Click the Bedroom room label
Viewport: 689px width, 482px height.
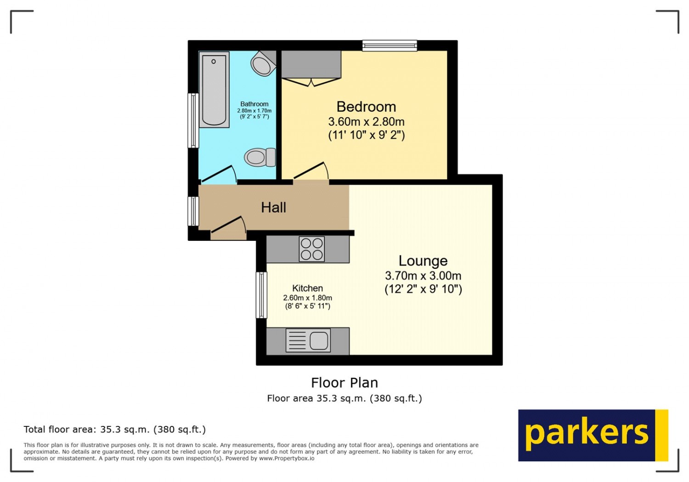(366, 107)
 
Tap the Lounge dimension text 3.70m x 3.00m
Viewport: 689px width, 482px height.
(423, 276)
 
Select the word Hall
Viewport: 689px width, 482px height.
(273, 208)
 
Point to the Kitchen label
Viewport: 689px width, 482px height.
(307, 288)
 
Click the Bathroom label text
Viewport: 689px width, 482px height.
(254, 104)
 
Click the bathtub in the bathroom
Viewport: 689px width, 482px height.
(214, 90)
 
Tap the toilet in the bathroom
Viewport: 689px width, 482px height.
(260, 157)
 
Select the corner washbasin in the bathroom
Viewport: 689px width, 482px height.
(263, 64)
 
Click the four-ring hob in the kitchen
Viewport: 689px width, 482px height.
(311, 249)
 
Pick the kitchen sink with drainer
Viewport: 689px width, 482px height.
(308, 340)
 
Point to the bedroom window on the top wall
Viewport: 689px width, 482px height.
(390, 45)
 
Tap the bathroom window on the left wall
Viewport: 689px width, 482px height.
(193, 120)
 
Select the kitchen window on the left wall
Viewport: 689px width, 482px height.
(261, 295)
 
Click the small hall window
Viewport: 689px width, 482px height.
(193, 211)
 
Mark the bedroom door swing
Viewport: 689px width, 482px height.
(311, 171)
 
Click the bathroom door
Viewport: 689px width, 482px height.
(218, 175)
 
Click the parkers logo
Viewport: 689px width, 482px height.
(593, 435)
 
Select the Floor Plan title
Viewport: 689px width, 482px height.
(344, 383)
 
